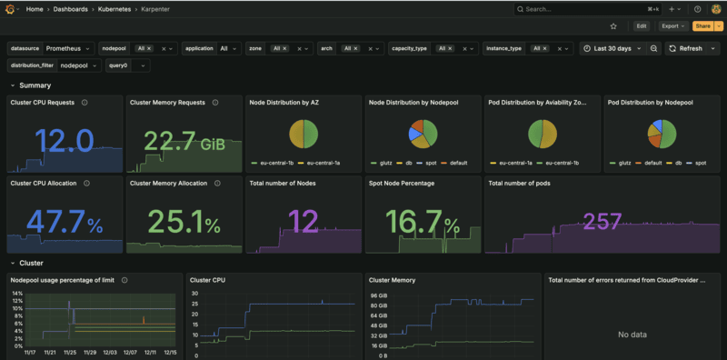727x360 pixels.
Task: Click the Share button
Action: coord(702,26)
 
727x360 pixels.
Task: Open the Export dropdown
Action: coord(672,26)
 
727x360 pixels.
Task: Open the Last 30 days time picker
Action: coord(612,48)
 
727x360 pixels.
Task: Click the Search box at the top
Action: coord(582,9)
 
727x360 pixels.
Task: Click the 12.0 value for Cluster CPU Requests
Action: coord(64,142)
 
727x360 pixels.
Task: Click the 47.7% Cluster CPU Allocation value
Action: coord(64,222)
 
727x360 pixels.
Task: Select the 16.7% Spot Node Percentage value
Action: coord(422,222)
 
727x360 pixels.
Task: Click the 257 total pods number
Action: coord(602,221)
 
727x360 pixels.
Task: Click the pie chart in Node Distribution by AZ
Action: coord(303,135)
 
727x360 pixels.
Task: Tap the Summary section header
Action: coord(35,85)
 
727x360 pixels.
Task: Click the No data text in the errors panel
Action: coord(632,335)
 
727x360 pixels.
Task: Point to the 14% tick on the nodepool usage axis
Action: coord(17,294)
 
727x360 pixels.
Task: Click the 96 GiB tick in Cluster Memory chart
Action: coord(379,295)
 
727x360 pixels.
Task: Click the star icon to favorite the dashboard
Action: coord(613,26)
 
